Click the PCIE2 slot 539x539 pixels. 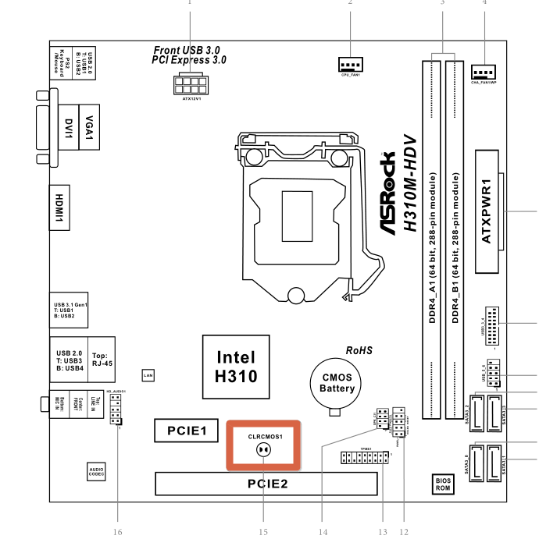pyautogui.click(x=269, y=484)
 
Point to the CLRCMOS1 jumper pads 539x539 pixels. pyautogui.click(x=264, y=450)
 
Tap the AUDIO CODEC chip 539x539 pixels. pyautogui.click(x=97, y=470)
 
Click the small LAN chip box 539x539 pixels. pyautogui.click(x=148, y=376)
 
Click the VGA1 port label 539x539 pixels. pyautogui.click(x=88, y=126)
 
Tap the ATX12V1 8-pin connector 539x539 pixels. pyautogui.click(x=191, y=84)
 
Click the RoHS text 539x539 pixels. pyautogui.click(x=359, y=351)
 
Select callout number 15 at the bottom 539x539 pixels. pyautogui.click(x=263, y=532)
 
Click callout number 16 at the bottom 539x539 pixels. pyautogui.click(x=118, y=532)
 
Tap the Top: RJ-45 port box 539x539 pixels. pyautogui.click(x=100, y=359)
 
